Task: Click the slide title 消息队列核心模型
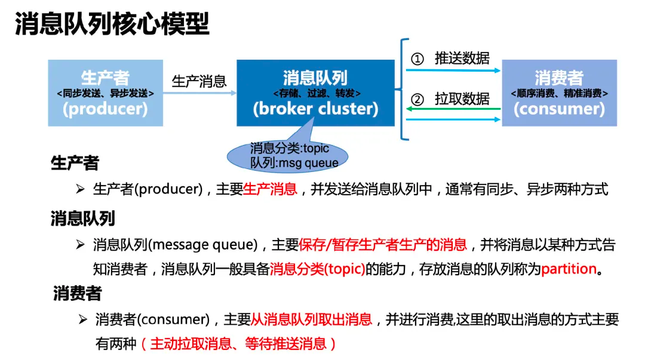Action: pos(112,24)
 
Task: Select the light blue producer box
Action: pos(105,93)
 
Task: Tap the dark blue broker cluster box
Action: pos(315,93)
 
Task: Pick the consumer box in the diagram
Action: pos(559,93)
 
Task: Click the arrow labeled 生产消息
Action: pos(199,93)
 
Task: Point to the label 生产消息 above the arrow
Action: pos(199,81)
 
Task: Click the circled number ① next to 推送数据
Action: pos(418,59)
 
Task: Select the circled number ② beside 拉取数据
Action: pos(418,99)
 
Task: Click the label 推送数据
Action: pos(462,58)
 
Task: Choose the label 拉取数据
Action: pos(462,99)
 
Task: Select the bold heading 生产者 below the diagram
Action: pos(75,163)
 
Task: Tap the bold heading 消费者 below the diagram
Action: pos(77,293)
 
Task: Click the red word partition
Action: pos(569,269)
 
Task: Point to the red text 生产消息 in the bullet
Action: pos(270,190)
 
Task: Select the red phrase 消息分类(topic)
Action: pos(317,269)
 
